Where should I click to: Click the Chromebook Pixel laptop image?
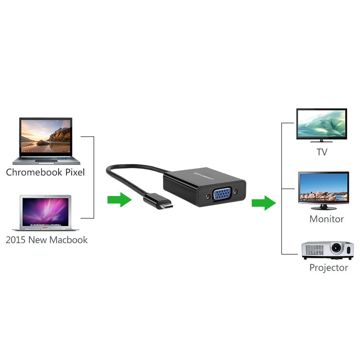coord(46,141)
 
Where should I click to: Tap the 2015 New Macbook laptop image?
coord(45,213)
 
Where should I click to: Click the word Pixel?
coord(75,172)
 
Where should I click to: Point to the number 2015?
coord(15,240)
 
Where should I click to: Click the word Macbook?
coord(68,240)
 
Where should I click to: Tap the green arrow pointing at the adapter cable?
coord(120,200)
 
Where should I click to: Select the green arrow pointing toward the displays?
coord(264,203)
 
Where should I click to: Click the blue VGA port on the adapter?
coord(222,194)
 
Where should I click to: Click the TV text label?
coord(322,152)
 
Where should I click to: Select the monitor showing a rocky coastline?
coord(324,191)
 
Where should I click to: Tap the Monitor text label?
coord(327,219)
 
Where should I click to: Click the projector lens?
coord(337,248)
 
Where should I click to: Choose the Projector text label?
coord(329,268)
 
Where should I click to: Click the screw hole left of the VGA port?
coord(208,196)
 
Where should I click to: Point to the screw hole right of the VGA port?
coord(235,191)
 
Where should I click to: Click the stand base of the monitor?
coord(324,208)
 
